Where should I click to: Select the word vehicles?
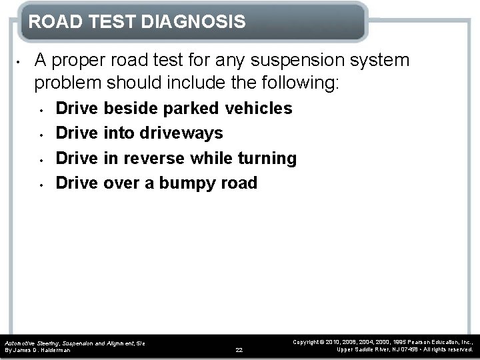click(x=259, y=109)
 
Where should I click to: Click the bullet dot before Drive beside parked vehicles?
click(x=41, y=109)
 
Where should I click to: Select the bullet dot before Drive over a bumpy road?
click(x=41, y=183)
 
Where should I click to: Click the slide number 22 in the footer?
click(x=239, y=349)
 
